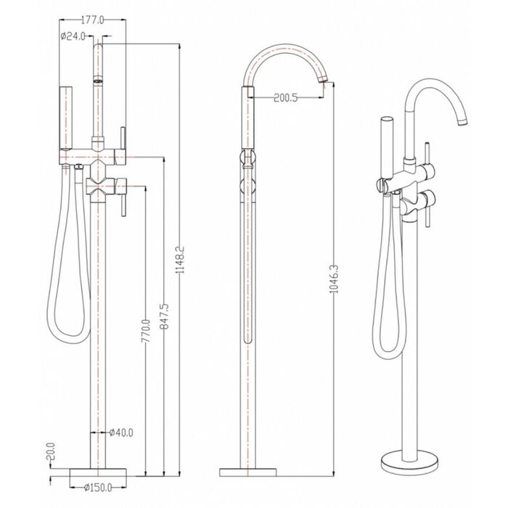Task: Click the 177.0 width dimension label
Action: click(92, 20)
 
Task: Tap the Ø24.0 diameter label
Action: click(73, 36)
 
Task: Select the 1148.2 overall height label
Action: click(180, 260)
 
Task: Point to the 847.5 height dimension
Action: click(164, 316)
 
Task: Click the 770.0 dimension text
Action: click(146, 331)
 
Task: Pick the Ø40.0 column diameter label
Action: click(121, 433)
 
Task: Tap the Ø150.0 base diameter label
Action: click(98, 487)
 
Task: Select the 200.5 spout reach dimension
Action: click(285, 97)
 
